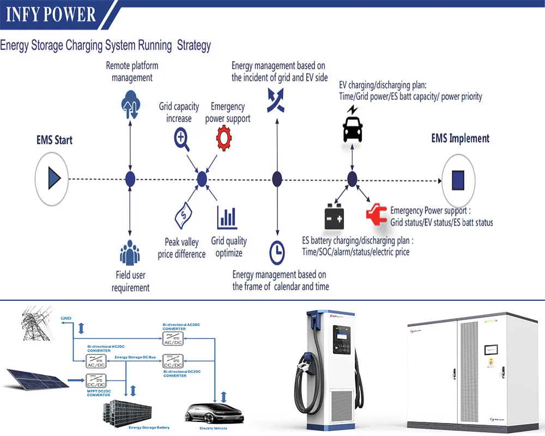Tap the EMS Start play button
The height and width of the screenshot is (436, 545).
click(x=53, y=178)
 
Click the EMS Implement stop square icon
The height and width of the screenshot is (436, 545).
click(x=458, y=179)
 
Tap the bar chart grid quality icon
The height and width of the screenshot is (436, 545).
click(x=227, y=217)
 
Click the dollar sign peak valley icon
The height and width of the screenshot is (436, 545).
click(x=182, y=217)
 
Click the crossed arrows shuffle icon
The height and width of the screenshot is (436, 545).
click(x=275, y=101)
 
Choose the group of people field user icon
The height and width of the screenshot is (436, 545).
click(x=130, y=253)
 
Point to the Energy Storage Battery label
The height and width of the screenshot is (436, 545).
click(x=149, y=428)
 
